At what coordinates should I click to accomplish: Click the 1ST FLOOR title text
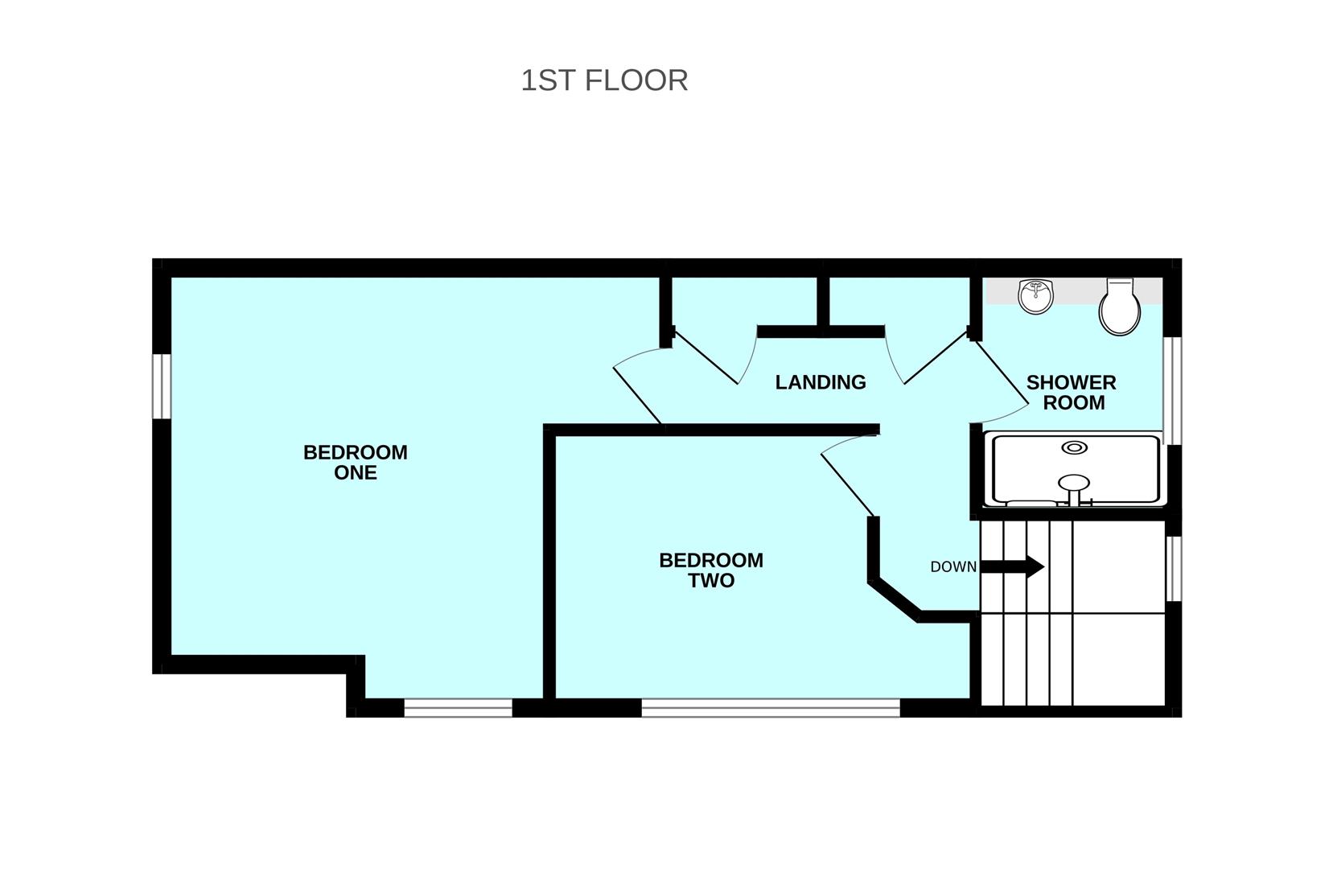coord(604,80)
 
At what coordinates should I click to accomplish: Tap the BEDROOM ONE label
coord(356,462)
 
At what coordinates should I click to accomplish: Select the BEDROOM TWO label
coord(711,570)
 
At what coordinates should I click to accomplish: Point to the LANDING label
coord(821,382)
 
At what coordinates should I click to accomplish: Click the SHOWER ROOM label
coord(1072,392)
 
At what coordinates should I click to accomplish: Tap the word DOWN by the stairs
coord(953,566)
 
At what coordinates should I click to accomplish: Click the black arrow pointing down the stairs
coord(1012,566)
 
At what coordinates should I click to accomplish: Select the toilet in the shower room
coord(1120,307)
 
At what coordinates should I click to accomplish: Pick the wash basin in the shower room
coord(1036,296)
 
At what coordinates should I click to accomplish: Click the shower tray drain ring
coord(1075,447)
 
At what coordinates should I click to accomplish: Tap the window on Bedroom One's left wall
coord(162,386)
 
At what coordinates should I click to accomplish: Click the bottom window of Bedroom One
coord(459,708)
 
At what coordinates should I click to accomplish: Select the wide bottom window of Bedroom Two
coord(771,708)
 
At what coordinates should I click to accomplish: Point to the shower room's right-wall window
coord(1172,390)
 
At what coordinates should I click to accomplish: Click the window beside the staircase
coord(1172,568)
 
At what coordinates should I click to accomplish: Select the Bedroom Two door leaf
coord(847,484)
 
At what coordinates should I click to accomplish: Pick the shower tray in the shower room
coord(1074,470)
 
